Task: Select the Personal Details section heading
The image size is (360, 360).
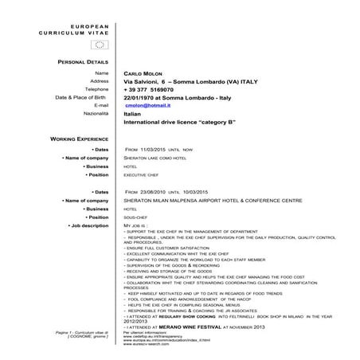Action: click(84, 61)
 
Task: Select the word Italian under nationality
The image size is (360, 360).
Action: click(132, 114)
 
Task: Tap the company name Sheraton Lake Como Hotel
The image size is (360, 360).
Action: click(159, 158)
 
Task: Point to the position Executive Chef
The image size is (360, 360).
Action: click(142, 174)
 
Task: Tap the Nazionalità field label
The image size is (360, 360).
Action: click(95, 114)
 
